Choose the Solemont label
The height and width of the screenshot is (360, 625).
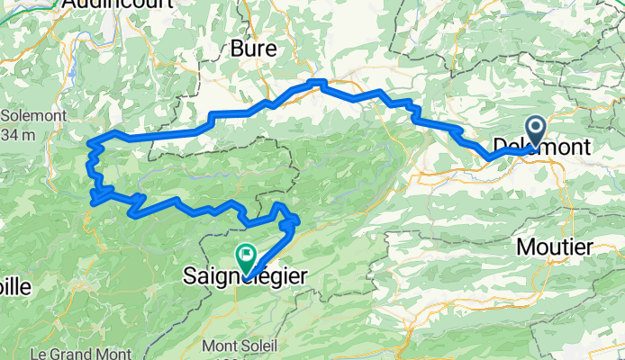29,116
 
